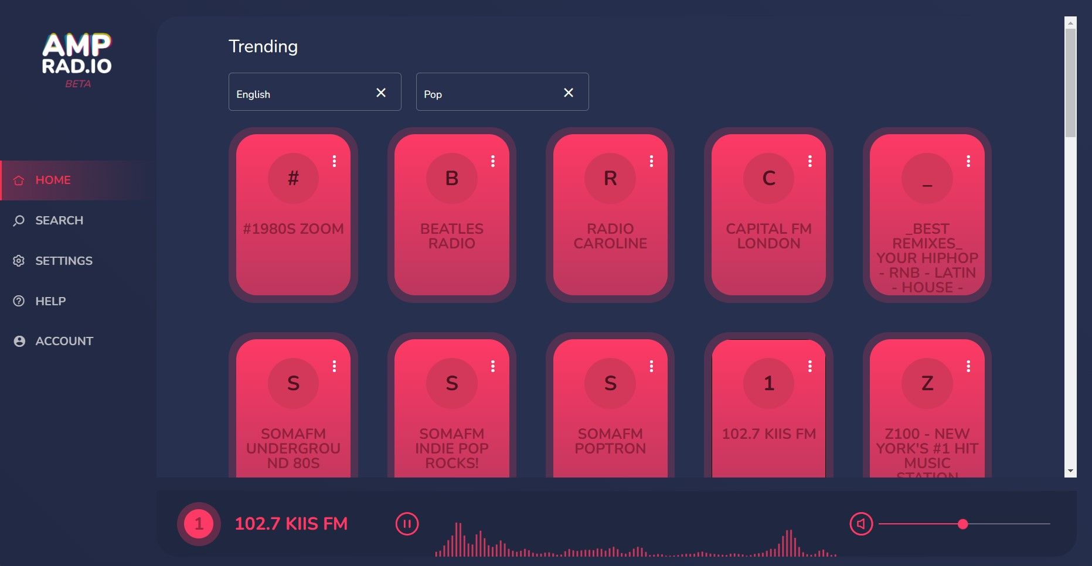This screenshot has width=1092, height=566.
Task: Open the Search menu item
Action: click(x=59, y=220)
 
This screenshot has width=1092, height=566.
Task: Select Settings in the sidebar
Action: click(x=63, y=261)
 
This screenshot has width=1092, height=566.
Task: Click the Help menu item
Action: click(x=50, y=301)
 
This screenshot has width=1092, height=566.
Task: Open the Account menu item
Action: click(x=64, y=341)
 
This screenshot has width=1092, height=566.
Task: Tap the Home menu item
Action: click(x=53, y=180)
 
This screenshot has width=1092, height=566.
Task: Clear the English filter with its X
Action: click(x=381, y=93)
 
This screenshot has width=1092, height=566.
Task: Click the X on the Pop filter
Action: click(x=569, y=93)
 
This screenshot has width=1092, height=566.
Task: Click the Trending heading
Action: click(x=263, y=46)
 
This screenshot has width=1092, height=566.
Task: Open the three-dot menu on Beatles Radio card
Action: click(x=493, y=161)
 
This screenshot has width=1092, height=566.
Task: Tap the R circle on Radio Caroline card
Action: click(x=610, y=178)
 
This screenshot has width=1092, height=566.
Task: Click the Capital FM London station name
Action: click(x=768, y=236)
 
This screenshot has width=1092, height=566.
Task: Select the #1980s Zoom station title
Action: click(x=293, y=229)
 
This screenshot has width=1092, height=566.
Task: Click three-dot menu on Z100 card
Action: click(x=968, y=366)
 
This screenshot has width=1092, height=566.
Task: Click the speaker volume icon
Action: click(x=861, y=524)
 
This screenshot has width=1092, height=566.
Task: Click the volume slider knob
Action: click(x=962, y=524)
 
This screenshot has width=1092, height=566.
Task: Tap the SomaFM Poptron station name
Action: click(x=610, y=441)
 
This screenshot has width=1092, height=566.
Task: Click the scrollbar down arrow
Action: click(x=1070, y=471)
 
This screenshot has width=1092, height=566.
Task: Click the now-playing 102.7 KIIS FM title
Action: click(x=291, y=523)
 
